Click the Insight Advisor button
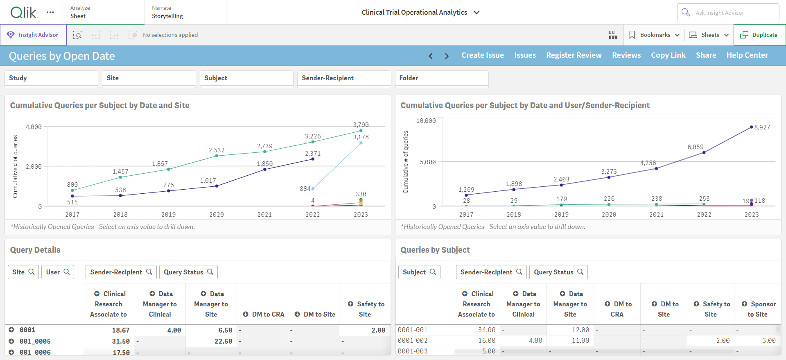pos(33,35)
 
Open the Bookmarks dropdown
pos(654,35)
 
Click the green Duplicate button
pos(759,35)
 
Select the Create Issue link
pos(483,55)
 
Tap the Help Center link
pos(747,55)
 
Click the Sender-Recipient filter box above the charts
pos(344,78)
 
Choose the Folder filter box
pos(442,78)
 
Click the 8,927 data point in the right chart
pos(751,127)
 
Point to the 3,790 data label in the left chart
pos(361,125)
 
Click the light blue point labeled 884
pos(313,189)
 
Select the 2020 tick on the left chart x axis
pos(217,215)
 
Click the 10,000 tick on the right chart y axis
pos(426,121)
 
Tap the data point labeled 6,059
pos(704,153)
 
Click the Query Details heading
pos(35,250)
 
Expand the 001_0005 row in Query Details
pos(11,341)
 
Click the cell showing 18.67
pos(121,330)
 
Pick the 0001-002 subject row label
pos(413,340)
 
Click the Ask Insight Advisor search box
pos(728,12)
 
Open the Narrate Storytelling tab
pos(167,12)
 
